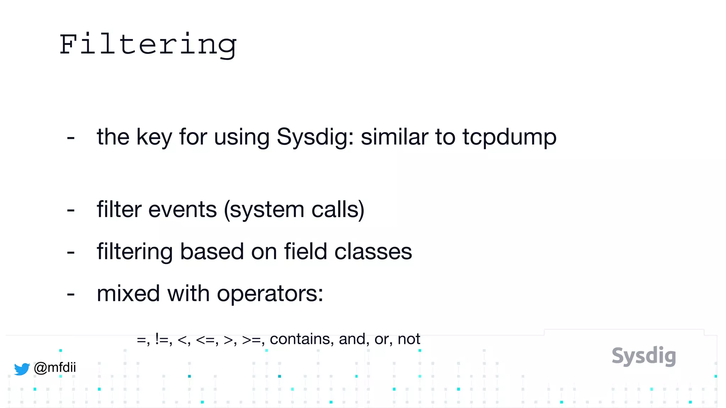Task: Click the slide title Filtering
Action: click(148, 45)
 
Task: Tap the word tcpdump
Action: click(509, 137)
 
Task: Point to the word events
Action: click(182, 209)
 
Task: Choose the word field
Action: click(305, 251)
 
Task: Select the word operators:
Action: click(270, 294)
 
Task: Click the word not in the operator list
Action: click(409, 339)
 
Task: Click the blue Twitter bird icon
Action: click(22, 369)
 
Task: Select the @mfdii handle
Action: click(55, 367)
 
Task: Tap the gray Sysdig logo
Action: click(644, 356)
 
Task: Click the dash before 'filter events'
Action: click(71, 210)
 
